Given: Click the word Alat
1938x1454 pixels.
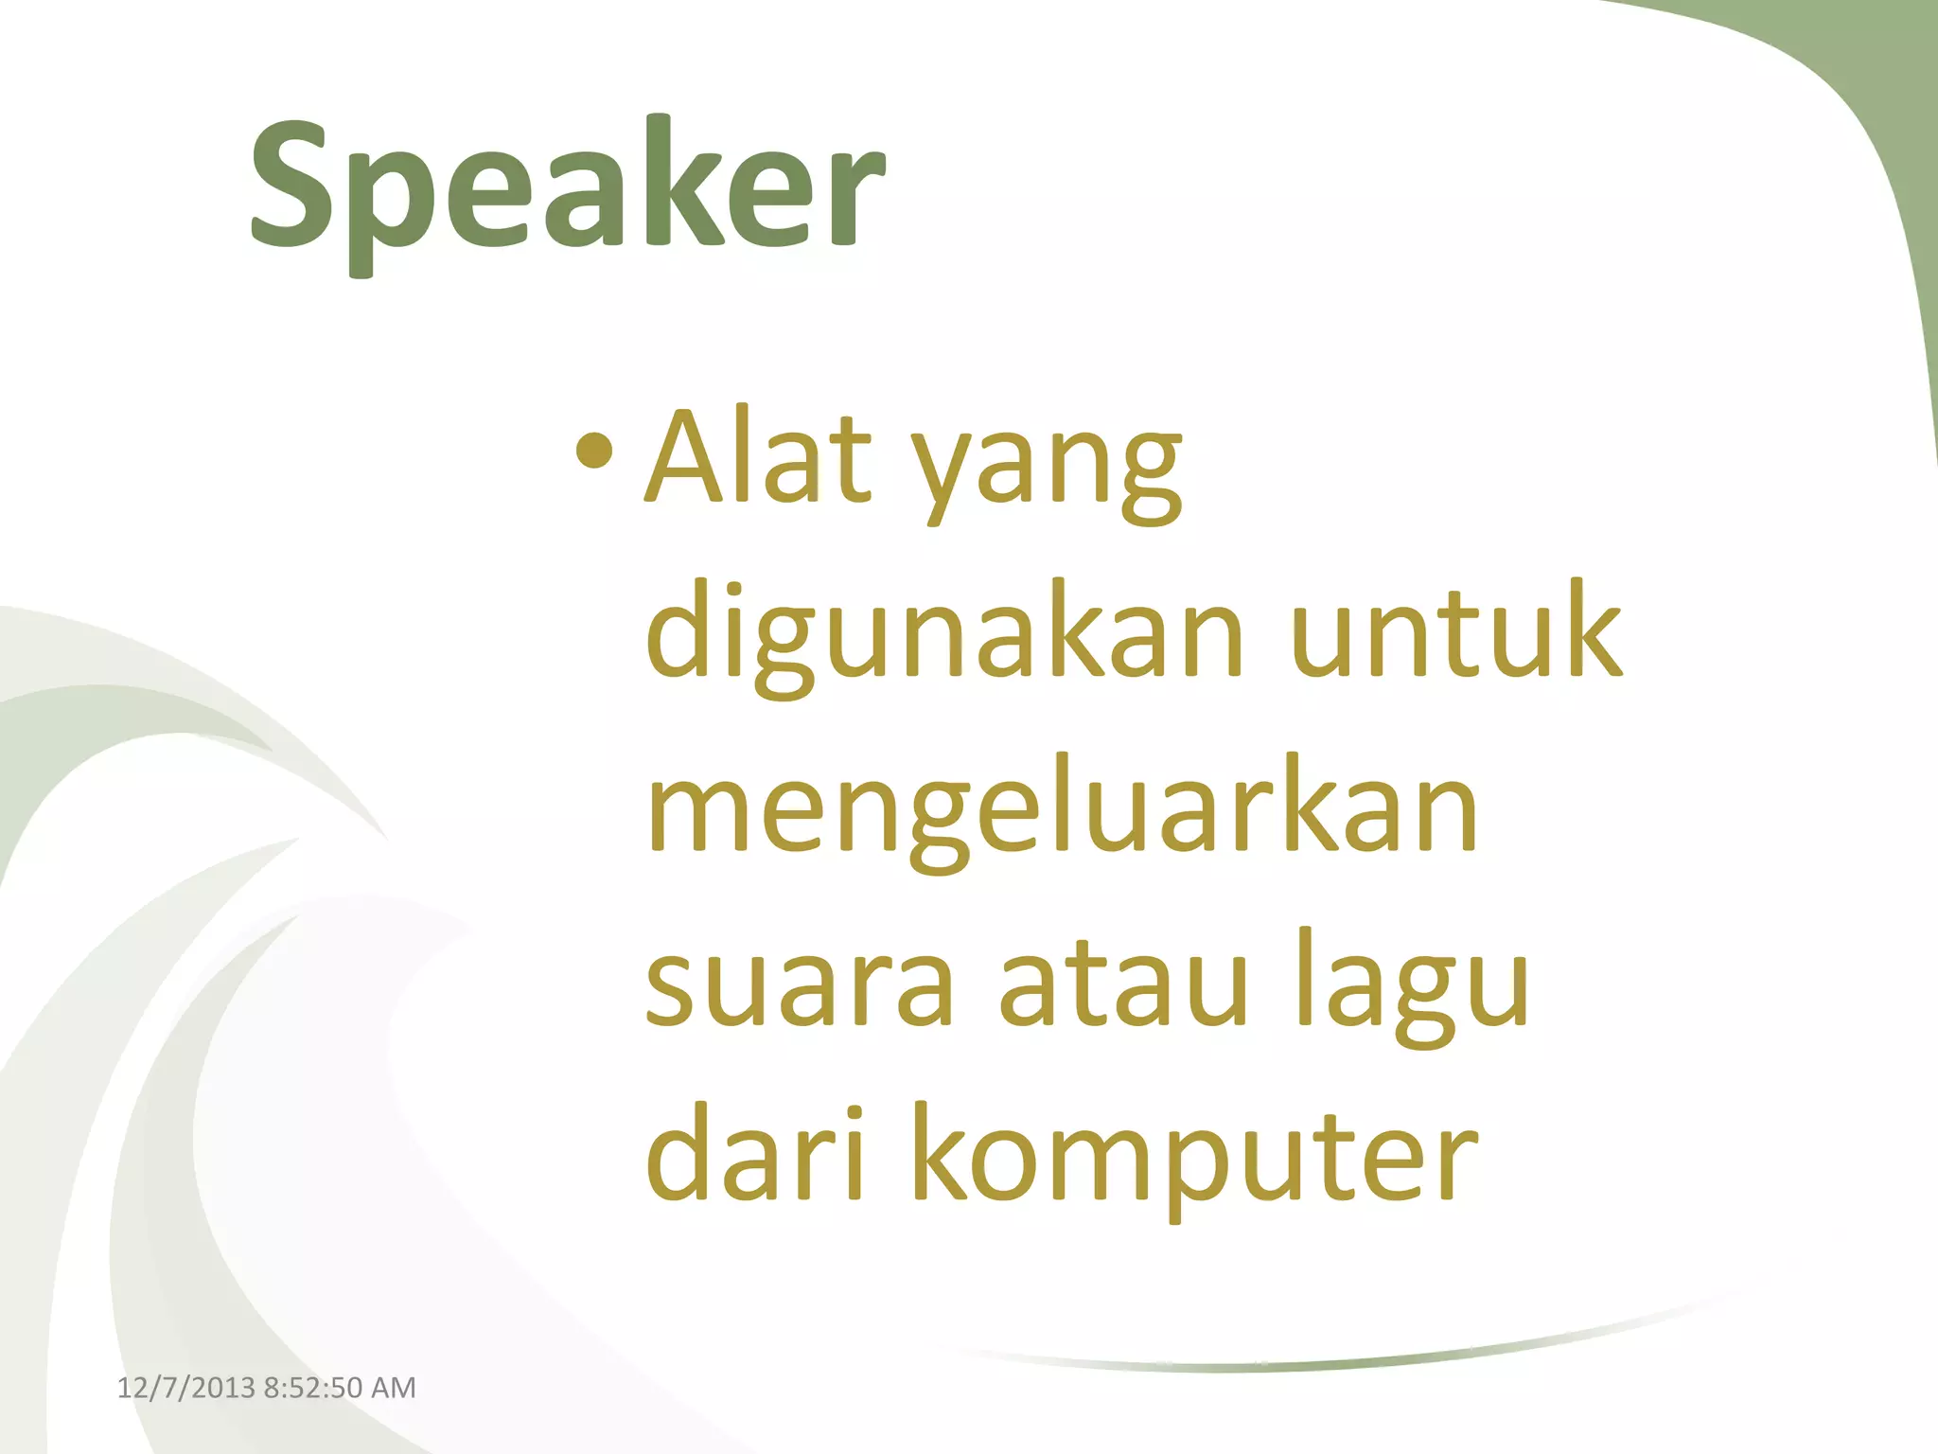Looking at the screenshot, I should tap(757, 456).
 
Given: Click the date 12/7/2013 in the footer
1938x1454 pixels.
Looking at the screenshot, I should tap(185, 1388).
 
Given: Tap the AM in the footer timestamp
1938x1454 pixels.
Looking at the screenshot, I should tap(394, 1388).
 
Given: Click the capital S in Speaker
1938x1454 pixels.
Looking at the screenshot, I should tap(294, 185).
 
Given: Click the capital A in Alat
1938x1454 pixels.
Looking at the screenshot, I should tap(696, 456).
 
